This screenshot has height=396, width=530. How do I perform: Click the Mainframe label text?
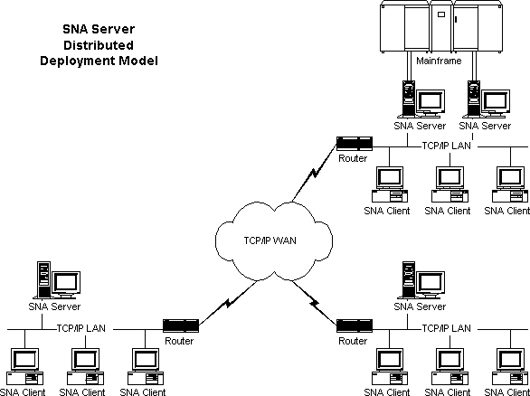click(x=439, y=61)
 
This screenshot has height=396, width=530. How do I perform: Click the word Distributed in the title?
click(x=99, y=45)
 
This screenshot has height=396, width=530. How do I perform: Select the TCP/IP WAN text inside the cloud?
click(x=270, y=240)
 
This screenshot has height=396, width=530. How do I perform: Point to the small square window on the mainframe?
click(x=441, y=14)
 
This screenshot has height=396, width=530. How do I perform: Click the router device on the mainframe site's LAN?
click(x=355, y=143)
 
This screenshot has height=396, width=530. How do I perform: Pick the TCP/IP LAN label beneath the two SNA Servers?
click(x=446, y=146)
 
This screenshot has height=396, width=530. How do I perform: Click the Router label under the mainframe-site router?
click(x=353, y=158)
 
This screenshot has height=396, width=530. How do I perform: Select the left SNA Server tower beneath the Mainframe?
click(x=408, y=99)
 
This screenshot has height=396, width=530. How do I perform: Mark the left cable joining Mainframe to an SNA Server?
click(x=408, y=66)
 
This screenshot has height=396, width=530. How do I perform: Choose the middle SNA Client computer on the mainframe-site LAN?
click(x=450, y=184)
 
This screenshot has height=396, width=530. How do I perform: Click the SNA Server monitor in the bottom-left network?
click(x=66, y=285)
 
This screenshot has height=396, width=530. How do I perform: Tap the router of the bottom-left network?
click(x=181, y=325)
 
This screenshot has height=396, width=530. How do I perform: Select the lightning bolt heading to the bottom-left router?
click(x=228, y=302)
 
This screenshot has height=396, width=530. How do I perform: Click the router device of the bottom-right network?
click(x=355, y=325)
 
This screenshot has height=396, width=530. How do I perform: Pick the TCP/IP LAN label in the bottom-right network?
click(x=446, y=328)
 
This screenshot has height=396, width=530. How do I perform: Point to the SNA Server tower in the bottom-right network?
click(x=408, y=280)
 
